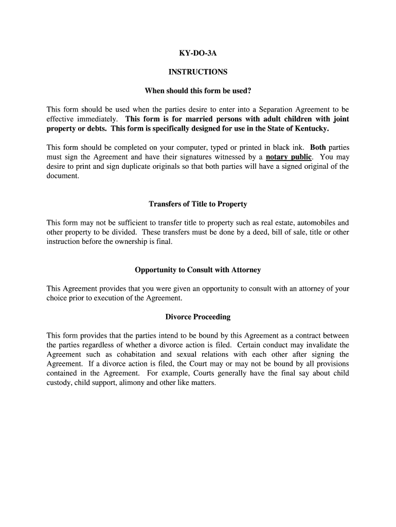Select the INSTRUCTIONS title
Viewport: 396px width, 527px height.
coord(197,72)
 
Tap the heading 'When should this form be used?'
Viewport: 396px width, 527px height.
coord(197,91)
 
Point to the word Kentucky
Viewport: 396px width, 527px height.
coord(311,128)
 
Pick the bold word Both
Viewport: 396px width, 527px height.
coord(318,147)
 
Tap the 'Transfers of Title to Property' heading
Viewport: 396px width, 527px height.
coord(197,204)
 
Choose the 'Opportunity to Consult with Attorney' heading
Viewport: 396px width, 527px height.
coord(197,270)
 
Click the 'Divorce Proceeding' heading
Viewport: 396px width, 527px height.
coord(197,317)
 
